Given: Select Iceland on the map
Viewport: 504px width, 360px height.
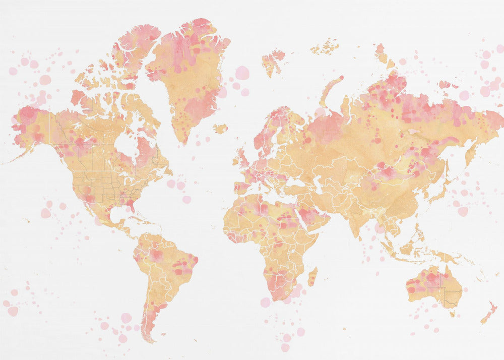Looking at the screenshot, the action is pyautogui.click(x=220, y=129).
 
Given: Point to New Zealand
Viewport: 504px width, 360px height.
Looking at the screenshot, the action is pyautogui.click(x=488, y=313).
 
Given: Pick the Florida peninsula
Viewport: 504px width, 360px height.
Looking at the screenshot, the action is pyautogui.click(x=133, y=206).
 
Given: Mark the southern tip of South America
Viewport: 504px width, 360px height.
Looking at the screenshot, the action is pyautogui.click(x=149, y=339).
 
